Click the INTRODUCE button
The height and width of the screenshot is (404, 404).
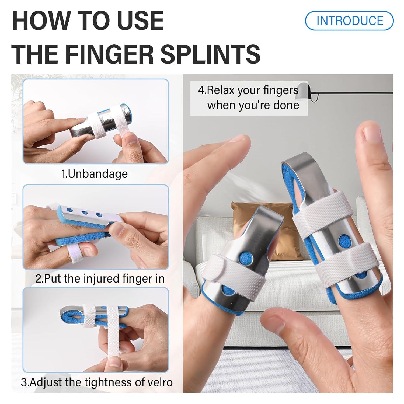pos(349,21)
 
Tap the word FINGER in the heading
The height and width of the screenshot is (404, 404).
pos(111,54)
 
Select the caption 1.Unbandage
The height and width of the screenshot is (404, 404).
pos(95,174)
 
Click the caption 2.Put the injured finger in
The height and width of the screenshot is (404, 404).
pos(100,278)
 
